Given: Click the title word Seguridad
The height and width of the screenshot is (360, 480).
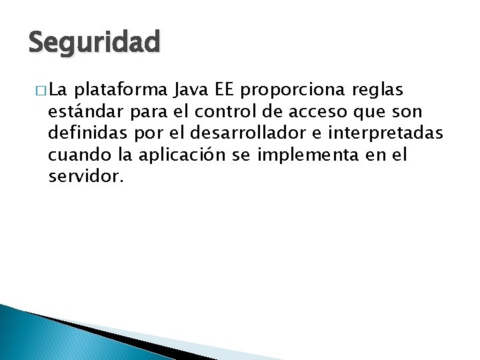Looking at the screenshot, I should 94,43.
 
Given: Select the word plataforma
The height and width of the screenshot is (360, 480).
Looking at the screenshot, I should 124,89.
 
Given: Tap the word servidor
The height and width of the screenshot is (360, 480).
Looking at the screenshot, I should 86,177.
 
